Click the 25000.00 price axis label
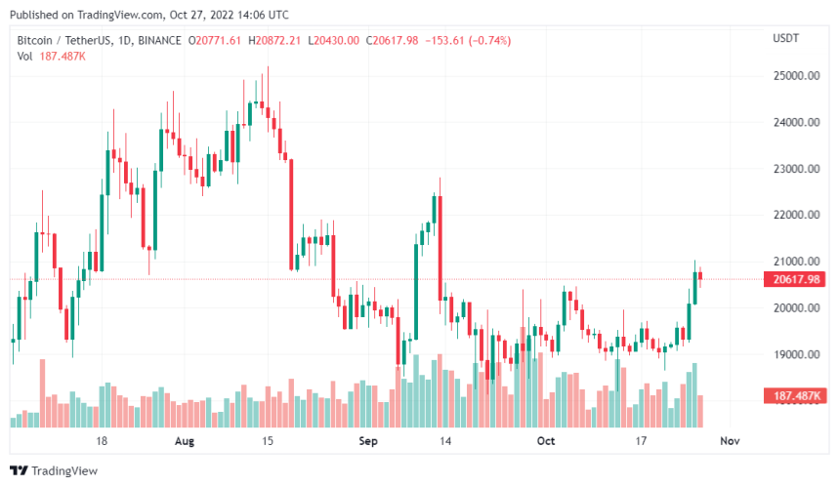794,76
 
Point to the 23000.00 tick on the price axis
794,169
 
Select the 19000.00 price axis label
794,354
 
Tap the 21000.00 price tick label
794,262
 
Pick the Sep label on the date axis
367,441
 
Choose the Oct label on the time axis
546,441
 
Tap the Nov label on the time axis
728,441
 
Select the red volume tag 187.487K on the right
793,395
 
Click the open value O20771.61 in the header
217,40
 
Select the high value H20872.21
276,40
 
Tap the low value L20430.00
333,40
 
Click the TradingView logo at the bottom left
57,471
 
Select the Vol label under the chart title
25,56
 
